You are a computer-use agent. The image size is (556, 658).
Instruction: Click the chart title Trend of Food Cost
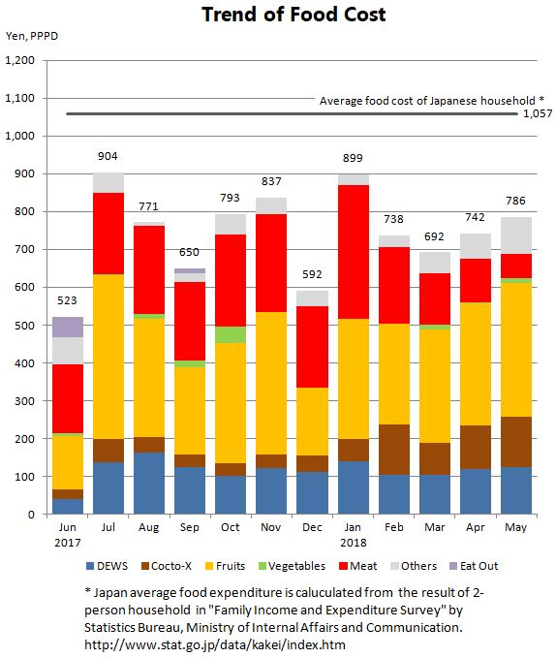coord(293,15)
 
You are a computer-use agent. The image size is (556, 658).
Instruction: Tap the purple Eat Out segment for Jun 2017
coord(68,328)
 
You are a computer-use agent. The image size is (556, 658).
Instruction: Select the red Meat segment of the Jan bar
coord(354,252)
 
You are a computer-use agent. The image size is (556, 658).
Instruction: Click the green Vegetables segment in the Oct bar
coord(231,335)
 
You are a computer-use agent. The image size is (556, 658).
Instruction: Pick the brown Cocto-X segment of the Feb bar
coord(394,450)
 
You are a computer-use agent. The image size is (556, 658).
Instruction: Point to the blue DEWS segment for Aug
coord(149,483)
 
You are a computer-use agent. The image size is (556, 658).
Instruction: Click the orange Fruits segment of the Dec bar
coord(312,422)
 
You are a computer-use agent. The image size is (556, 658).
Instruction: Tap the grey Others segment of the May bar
coord(516,235)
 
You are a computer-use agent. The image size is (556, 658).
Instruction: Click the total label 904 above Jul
coord(108,156)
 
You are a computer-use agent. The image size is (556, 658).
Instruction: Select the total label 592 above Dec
coord(312,274)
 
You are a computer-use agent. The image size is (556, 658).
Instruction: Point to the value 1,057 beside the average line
coord(538,113)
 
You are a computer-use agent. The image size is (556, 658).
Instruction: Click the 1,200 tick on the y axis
coord(19,60)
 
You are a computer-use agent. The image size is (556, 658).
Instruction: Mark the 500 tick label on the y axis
coord(25,326)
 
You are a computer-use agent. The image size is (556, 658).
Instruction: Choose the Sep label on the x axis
coord(190,527)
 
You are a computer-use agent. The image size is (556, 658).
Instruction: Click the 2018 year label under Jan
coord(353,543)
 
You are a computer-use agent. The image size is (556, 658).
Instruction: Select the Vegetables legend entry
coord(293,566)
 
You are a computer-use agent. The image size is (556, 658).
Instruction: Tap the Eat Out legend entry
coord(474,566)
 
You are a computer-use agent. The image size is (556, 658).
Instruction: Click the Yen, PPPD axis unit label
coord(32,36)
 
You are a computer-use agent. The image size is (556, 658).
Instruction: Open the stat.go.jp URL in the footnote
coord(215,644)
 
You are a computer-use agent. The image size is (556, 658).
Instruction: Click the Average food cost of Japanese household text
coord(427,101)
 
